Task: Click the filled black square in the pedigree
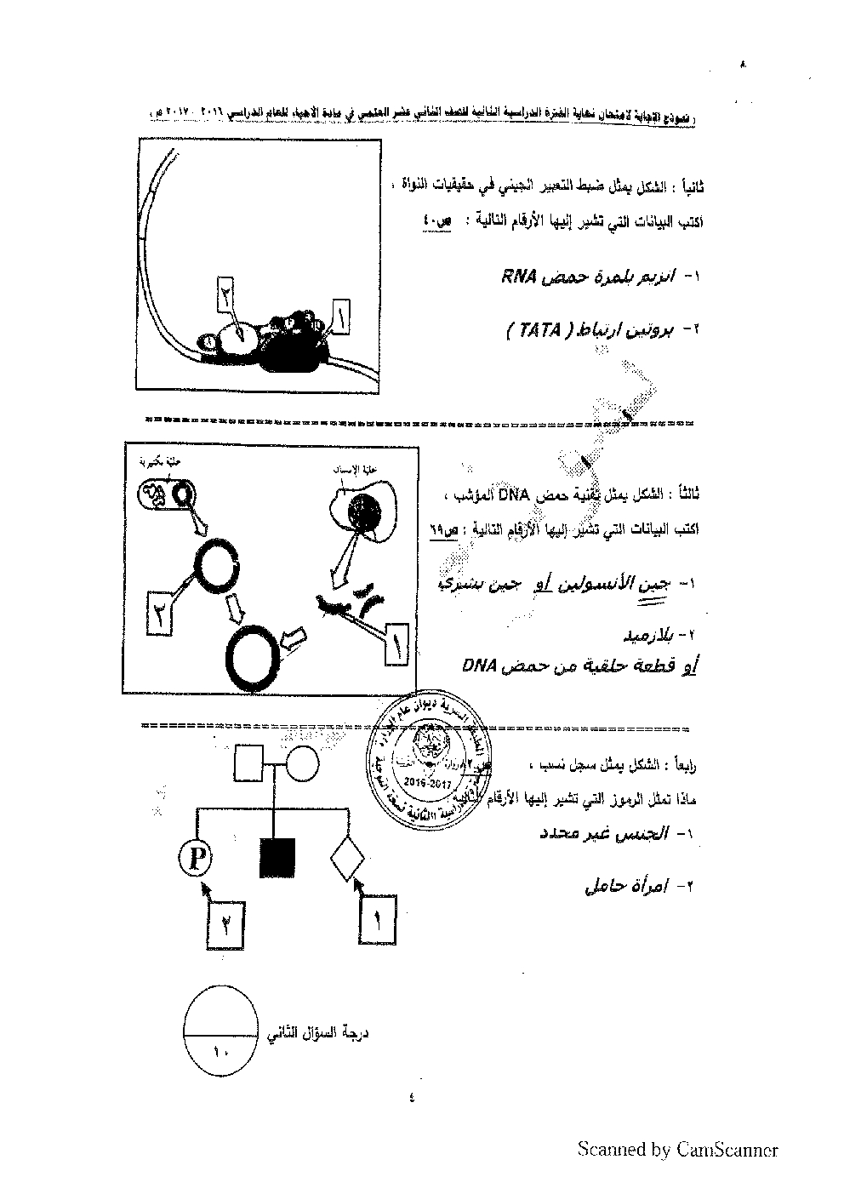[x=277, y=858]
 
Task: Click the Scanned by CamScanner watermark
[x=677, y=1150]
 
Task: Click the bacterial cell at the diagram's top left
[x=166, y=494]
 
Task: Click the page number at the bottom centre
[x=412, y=1097]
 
